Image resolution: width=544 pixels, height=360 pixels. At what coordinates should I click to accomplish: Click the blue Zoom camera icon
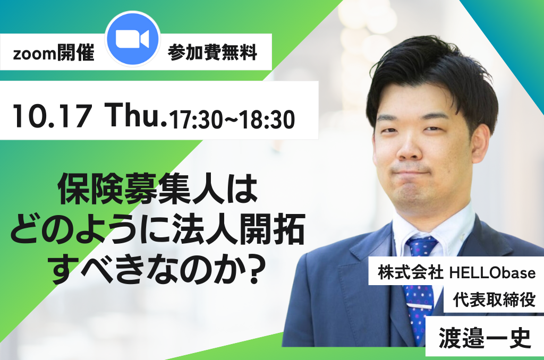[x=132, y=39]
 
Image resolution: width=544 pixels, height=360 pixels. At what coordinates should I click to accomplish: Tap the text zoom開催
[x=54, y=53]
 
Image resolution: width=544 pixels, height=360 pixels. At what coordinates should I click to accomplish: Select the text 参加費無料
[x=212, y=53]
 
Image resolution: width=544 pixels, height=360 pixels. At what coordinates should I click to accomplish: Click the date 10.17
[x=52, y=116]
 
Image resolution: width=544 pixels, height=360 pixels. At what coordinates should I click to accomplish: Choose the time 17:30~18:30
[x=232, y=119]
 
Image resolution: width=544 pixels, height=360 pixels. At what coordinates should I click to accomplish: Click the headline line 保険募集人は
[x=158, y=190]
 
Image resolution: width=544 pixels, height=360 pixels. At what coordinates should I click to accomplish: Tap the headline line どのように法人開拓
[x=158, y=229]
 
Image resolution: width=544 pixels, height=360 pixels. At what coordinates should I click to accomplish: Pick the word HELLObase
[x=492, y=273]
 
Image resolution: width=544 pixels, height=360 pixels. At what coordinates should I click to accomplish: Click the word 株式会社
[x=410, y=273]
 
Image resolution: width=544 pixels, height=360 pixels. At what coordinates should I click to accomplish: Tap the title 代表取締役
[x=494, y=299]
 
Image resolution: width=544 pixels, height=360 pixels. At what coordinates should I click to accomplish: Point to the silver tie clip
[x=420, y=306]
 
